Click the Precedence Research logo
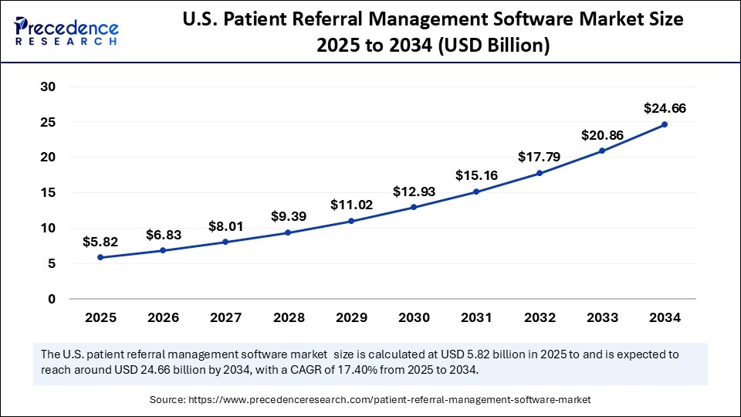coord(66,29)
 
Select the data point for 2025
coord(100,257)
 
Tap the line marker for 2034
coord(664,124)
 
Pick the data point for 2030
coord(413,207)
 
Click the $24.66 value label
coord(664,108)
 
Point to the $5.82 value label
coord(100,242)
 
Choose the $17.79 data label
coord(539,157)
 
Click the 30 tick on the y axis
coord(48,86)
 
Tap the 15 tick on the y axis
coord(48,192)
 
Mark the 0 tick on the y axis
coord(52,299)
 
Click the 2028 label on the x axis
coord(288,317)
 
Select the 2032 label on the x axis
coord(539,317)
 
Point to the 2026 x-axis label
coord(163,317)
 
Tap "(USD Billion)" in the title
coord(494,46)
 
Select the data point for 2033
coord(601,151)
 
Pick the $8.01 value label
coord(225,226)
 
